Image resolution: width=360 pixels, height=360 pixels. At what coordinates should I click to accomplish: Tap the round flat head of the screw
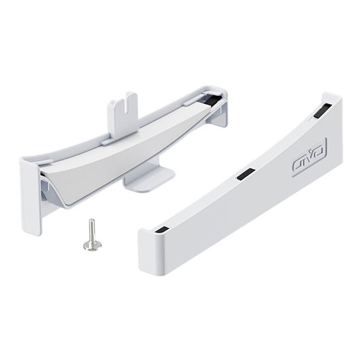tap(92, 245)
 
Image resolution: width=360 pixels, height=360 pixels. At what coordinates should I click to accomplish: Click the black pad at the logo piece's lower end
tap(160, 229)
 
